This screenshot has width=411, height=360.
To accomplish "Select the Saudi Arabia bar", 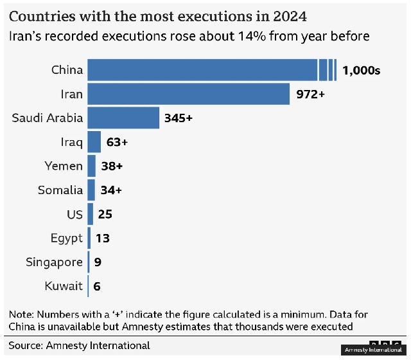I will (x=123, y=118).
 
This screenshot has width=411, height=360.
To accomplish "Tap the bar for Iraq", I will (x=94, y=142).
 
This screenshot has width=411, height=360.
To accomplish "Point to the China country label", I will (x=67, y=70).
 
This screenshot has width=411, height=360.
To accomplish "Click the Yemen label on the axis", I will (x=64, y=166).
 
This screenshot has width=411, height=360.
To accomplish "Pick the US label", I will (x=74, y=214).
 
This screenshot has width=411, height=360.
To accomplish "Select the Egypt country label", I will (x=66, y=239).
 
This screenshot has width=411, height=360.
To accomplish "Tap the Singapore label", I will (x=54, y=262).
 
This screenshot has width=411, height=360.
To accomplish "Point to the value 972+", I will (x=311, y=94).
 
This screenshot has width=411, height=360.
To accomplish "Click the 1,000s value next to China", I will (x=361, y=70).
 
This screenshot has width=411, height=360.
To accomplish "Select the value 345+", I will (x=179, y=118).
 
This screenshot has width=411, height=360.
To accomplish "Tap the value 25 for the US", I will (x=105, y=214).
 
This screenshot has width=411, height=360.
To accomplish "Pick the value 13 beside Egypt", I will (x=102, y=239).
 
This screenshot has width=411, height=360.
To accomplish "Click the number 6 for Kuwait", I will (x=97, y=286).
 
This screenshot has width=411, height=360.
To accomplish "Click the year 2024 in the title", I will (x=288, y=15).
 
